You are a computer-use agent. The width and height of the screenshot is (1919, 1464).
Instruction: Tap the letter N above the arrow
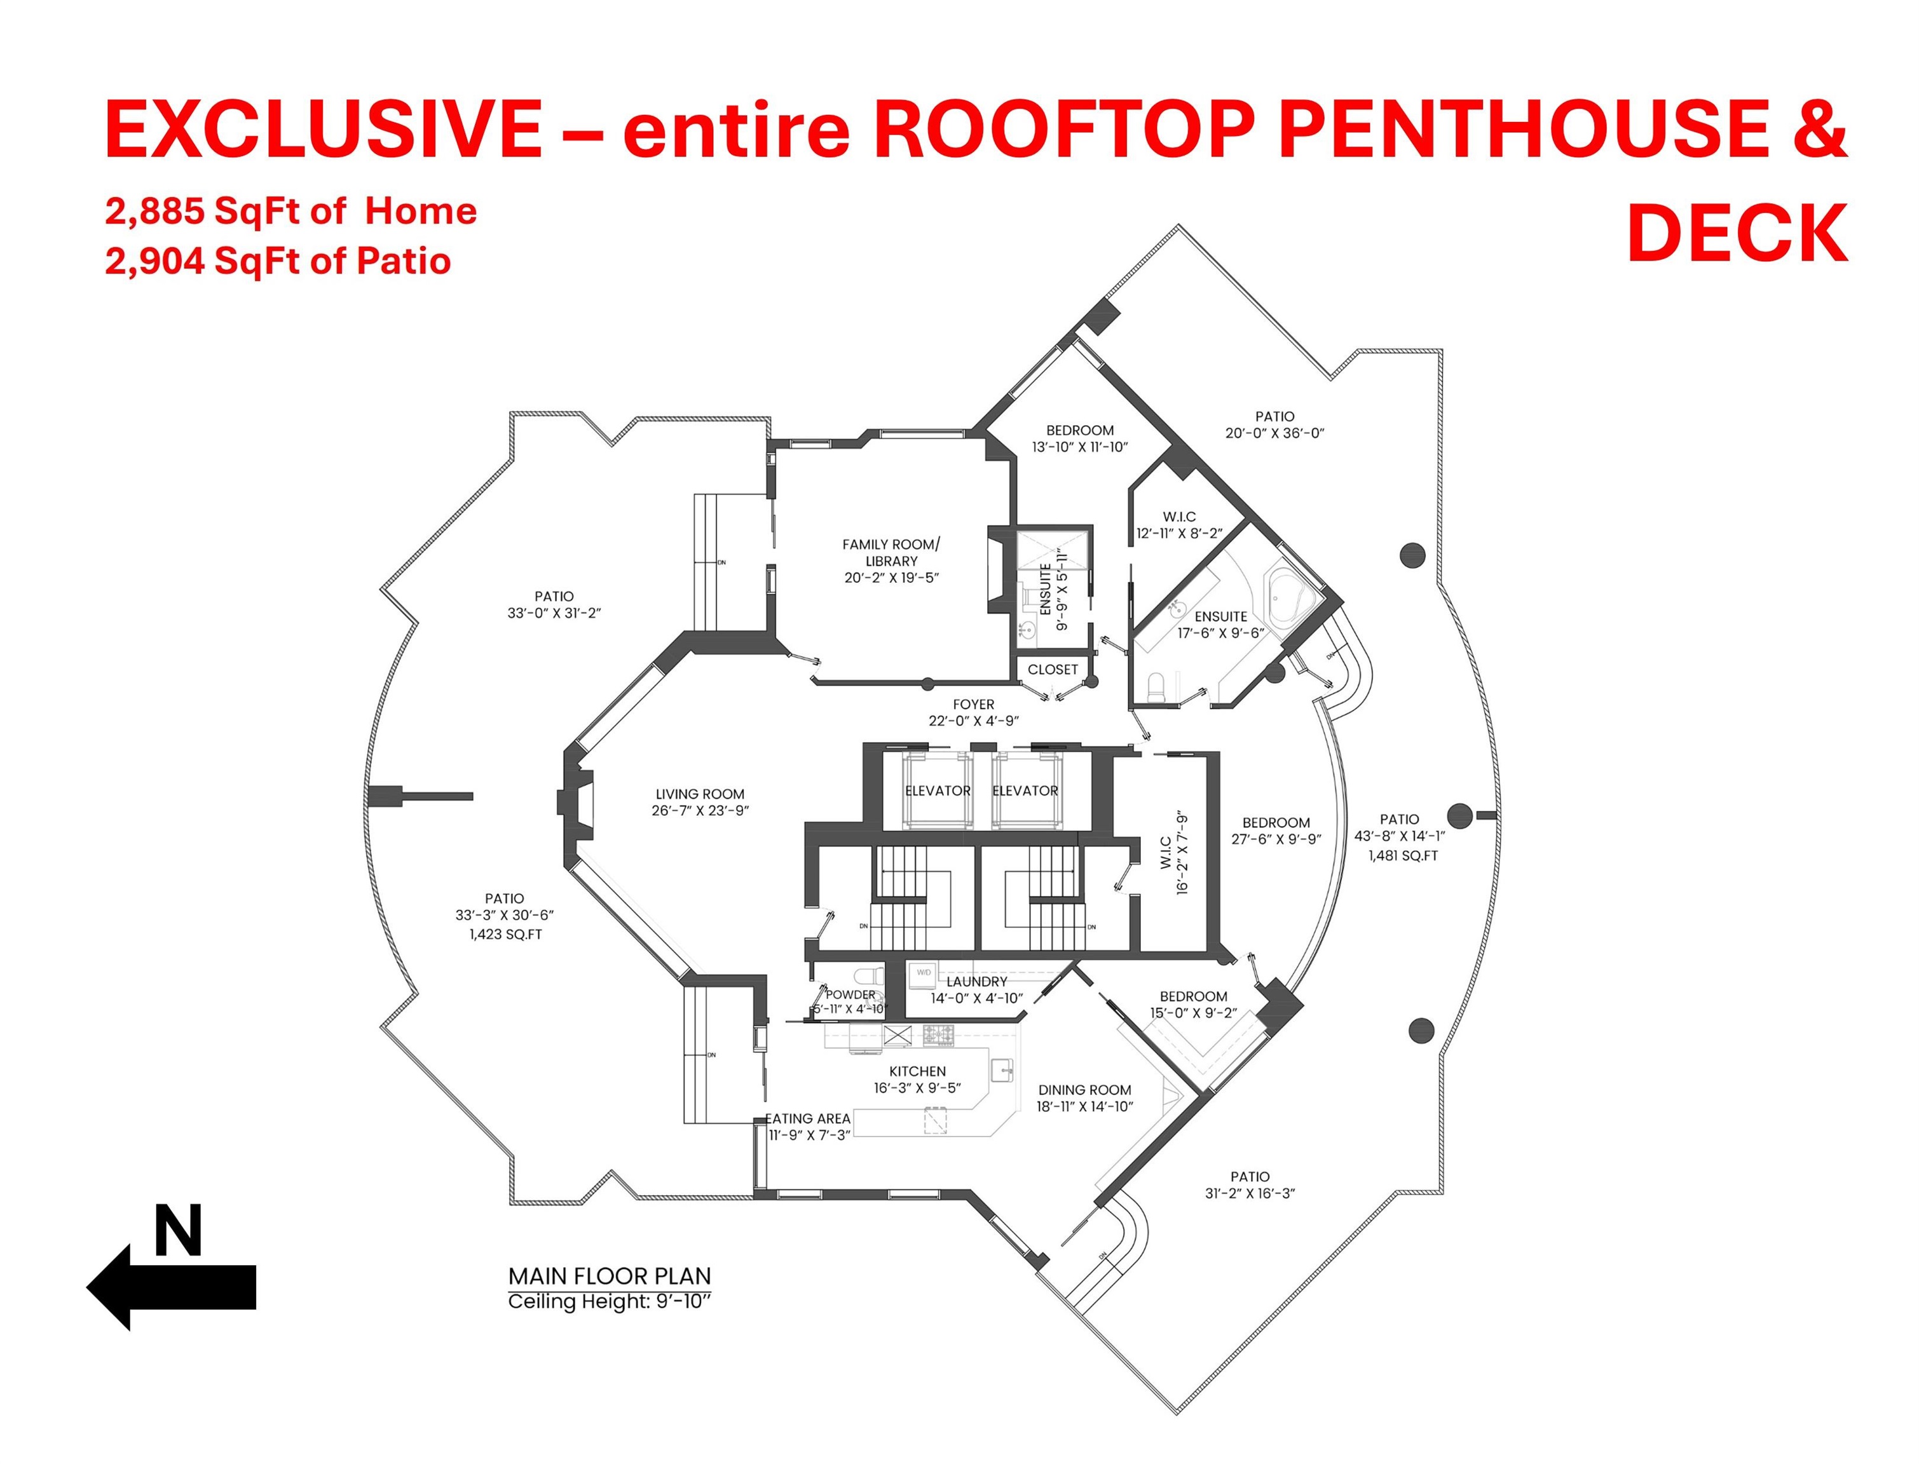pos(179,1230)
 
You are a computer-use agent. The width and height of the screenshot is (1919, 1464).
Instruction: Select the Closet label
pos(1053,669)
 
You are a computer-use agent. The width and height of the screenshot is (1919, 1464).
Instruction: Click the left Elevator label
pos(938,790)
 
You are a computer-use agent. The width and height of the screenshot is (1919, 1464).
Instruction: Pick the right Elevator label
pos(1025,790)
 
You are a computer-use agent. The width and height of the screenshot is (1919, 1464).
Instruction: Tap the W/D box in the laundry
pos(924,973)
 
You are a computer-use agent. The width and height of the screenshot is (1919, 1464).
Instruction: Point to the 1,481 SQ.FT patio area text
pos(1403,856)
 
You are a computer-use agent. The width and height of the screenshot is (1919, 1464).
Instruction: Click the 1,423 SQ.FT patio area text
pos(505,934)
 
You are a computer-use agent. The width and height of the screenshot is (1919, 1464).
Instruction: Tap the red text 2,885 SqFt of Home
pos(291,212)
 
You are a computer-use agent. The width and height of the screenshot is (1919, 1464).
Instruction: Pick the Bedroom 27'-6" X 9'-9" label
pos(1276,830)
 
